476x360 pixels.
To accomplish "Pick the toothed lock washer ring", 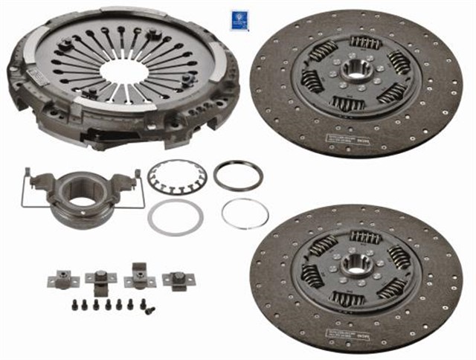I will coord(177,178).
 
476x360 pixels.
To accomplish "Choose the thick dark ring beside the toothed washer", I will coord(237,176).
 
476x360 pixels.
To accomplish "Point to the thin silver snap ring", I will coord(245,213).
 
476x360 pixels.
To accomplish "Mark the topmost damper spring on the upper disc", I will coord(364,42).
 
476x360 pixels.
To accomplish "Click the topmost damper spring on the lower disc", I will coord(365,237).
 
